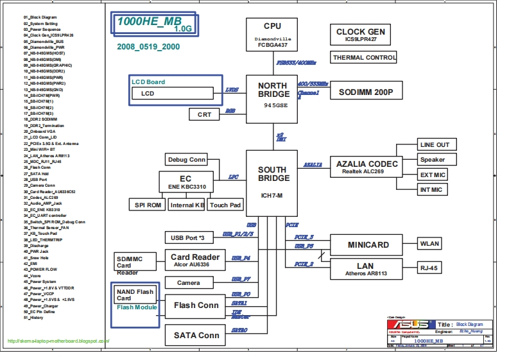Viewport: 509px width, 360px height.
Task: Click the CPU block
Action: [272, 36]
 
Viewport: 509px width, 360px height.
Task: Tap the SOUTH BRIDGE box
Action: [272, 183]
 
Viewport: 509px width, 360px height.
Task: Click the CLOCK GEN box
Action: [360, 35]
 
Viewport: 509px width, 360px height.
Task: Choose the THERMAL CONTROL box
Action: [365, 58]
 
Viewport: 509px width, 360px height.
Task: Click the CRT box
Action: [204, 114]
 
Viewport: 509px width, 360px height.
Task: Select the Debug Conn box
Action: [186, 160]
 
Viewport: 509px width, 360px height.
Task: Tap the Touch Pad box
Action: [225, 205]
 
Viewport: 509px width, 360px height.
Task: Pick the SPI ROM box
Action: [147, 205]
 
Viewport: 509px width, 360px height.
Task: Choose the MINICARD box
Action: [368, 245]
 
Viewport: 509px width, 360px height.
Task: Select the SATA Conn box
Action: [196, 335]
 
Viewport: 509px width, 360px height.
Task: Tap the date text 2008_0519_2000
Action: [148, 47]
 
